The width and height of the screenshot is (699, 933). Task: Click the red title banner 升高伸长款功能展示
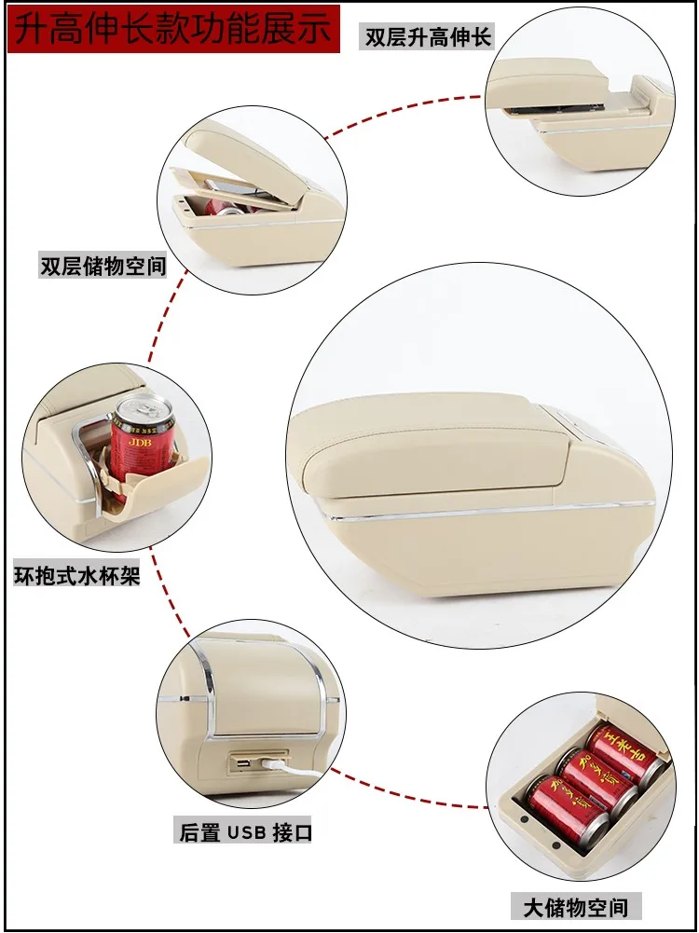(173, 29)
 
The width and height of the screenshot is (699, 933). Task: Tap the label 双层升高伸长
(427, 37)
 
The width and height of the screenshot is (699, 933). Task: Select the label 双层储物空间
(103, 266)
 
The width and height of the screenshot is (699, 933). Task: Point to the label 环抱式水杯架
(76, 575)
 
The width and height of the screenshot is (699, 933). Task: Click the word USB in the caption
(246, 832)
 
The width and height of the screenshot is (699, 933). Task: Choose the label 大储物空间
(575, 908)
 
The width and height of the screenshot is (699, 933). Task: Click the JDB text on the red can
(141, 443)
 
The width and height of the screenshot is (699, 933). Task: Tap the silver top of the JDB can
(143, 407)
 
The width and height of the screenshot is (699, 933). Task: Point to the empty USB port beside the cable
(243, 762)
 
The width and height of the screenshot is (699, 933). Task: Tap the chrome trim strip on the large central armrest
(487, 511)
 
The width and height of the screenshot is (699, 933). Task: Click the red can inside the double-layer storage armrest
(226, 208)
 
